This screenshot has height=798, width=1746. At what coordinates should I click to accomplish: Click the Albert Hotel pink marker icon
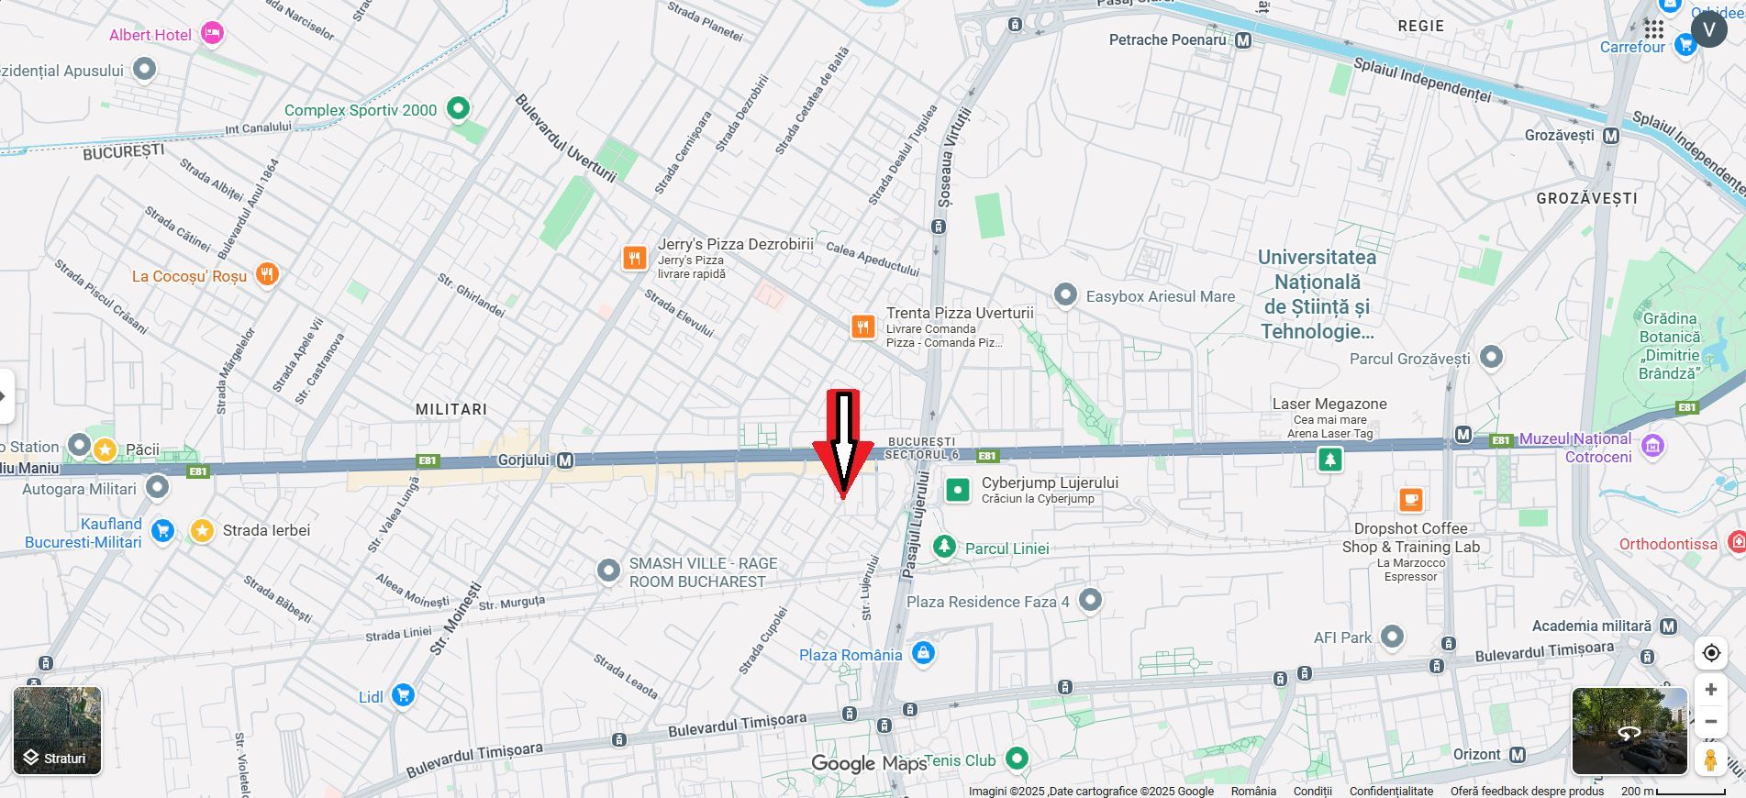(212, 34)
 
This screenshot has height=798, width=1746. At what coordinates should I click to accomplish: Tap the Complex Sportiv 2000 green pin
(457, 109)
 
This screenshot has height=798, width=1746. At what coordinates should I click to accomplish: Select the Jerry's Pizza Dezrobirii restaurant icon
(634, 258)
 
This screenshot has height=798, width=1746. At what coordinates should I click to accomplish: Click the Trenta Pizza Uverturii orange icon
(862, 327)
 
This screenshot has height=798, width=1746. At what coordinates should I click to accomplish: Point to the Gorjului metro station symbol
(565, 460)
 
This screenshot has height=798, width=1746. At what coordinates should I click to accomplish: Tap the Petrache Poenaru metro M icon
(1243, 40)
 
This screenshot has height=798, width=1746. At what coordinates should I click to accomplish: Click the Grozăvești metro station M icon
(1611, 136)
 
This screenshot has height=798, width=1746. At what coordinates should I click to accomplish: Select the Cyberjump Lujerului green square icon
(957, 490)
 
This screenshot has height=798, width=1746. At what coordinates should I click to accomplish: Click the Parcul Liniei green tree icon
(944, 547)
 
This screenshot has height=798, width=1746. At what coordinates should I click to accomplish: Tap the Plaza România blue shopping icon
(924, 653)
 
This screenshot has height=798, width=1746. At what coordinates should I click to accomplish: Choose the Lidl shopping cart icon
(402, 695)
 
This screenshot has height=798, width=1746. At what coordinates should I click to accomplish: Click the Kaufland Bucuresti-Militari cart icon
(162, 531)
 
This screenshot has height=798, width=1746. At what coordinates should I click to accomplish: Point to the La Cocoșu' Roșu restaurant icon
(267, 274)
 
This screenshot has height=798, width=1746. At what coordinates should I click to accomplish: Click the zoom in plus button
(1710, 689)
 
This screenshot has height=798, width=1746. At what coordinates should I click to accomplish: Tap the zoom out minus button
(1710, 722)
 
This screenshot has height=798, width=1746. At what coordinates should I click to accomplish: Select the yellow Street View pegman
(1710, 759)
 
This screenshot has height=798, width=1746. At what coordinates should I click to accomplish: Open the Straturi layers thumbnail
(57, 731)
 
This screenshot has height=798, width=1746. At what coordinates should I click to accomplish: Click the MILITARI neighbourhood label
(451, 409)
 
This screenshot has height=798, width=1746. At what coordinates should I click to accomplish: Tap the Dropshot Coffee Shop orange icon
(1410, 500)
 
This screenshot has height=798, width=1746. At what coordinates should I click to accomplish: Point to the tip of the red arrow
(842, 498)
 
